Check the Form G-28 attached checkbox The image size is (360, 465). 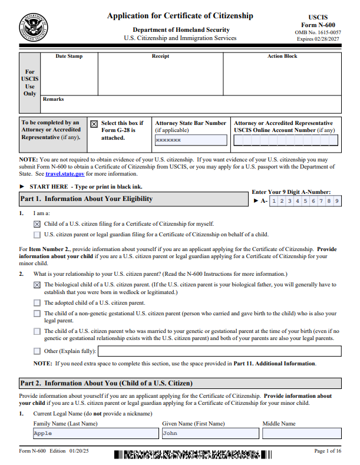tap(94, 124)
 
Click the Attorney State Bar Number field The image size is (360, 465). tap(190, 140)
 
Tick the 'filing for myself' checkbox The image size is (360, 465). tap(37, 224)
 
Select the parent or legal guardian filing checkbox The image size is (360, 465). tap(37, 234)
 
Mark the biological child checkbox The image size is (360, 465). tap(37, 285)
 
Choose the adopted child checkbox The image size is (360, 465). tap(37, 303)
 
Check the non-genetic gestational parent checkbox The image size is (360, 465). tap(37, 314)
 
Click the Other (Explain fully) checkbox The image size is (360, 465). tap(37, 351)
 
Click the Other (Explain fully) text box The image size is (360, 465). tap(219, 351)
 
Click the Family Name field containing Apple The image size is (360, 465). tap(95, 433)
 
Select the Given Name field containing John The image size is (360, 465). tap(210, 433)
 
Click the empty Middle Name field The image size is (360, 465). tap(302, 433)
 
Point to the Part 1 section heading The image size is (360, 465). tap(87, 199)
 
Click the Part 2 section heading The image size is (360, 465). tap(106, 383)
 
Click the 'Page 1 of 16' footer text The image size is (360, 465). tap(328, 451)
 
